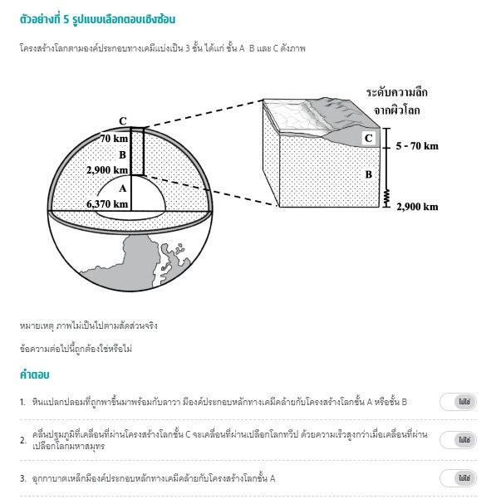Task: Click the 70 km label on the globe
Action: coord(114,139)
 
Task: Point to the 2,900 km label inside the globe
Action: coord(107,169)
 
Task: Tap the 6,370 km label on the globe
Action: coord(107,203)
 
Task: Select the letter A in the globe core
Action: coord(122,188)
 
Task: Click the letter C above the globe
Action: coord(123,120)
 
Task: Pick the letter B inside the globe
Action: coord(122,154)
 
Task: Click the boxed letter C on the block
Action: coord(368,138)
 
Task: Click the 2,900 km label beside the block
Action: coord(417,206)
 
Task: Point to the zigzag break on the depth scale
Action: coord(386,196)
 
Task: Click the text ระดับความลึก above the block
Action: coord(403,92)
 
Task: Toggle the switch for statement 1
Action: coord(458,402)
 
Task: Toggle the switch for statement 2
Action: coord(458,439)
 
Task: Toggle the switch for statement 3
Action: coord(458,478)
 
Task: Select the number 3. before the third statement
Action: coord(23,478)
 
